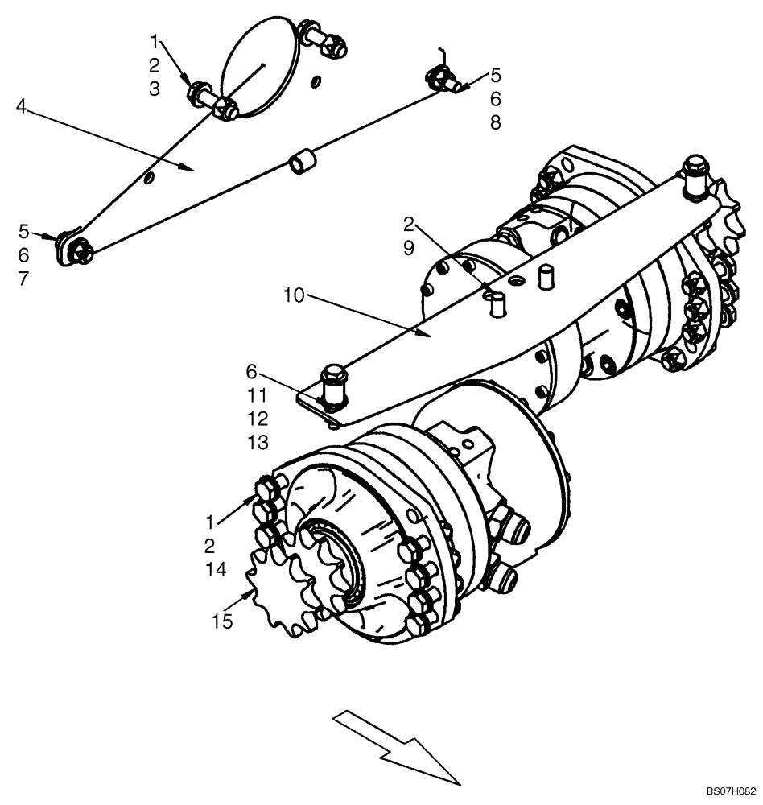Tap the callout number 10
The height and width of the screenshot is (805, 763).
coord(295,295)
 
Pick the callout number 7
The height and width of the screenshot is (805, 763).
coord(23,279)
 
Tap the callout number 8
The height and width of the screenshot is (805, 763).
coord(495,122)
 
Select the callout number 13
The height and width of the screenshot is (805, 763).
coord(258,443)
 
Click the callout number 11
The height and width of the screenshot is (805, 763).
coord(258,395)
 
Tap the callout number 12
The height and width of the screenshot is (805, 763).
coord(258,419)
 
